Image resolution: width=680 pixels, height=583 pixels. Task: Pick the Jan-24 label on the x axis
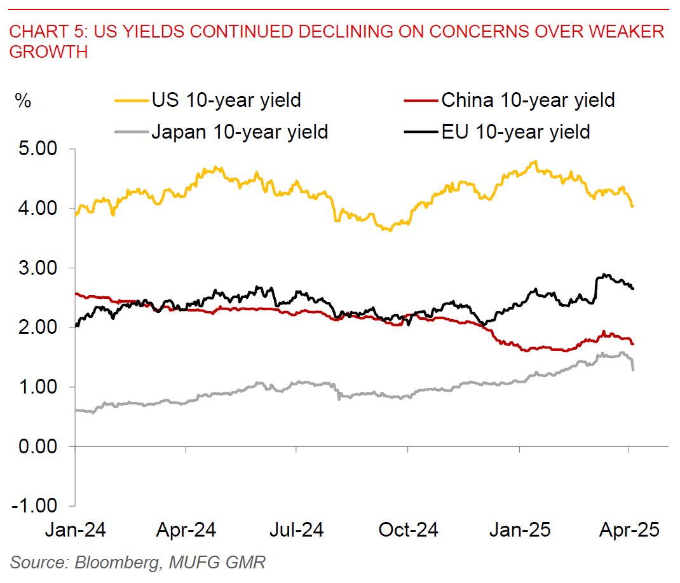(x=76, y=530)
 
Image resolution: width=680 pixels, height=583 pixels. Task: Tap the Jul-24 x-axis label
(x=297, y=530)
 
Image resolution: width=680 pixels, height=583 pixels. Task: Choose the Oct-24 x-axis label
(x=407, y=530)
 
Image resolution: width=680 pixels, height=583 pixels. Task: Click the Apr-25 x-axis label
(x=629, y=530)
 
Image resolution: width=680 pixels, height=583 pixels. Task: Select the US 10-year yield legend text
(x=226, y=100)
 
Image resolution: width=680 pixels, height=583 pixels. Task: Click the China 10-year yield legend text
(x=527, y=100)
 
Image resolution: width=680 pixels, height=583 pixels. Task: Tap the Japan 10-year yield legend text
(x=240, y=132)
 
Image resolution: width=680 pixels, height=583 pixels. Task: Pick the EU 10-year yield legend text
(x=515, y=132)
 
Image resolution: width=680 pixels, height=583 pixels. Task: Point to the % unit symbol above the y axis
(x=23, y=101)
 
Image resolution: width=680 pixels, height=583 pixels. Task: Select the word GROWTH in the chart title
(x=48, y=51)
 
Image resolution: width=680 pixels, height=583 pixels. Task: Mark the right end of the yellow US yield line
(x=632, y=206)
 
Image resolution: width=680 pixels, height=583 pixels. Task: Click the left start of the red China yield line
(x=76, y=294)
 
